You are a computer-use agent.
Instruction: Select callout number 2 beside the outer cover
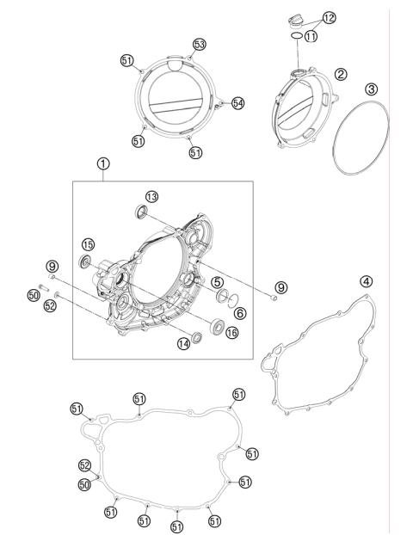(341, 75)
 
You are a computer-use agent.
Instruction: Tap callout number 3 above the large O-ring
(371, 89)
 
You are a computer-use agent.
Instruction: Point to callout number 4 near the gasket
(366, 281)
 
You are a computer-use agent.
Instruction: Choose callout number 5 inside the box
(219, 281)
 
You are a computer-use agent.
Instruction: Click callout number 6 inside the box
(240, 312)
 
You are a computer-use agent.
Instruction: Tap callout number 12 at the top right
(330, 17)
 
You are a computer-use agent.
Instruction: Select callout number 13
(151, 197)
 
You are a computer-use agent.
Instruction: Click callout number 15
(88, 244)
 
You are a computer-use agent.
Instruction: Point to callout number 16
(232, 332)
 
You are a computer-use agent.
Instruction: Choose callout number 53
(199, 44)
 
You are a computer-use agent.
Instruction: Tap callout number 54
(237, 102)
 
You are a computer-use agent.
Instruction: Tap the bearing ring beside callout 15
(85, 261)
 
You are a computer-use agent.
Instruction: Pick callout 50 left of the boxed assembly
(34, 295)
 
